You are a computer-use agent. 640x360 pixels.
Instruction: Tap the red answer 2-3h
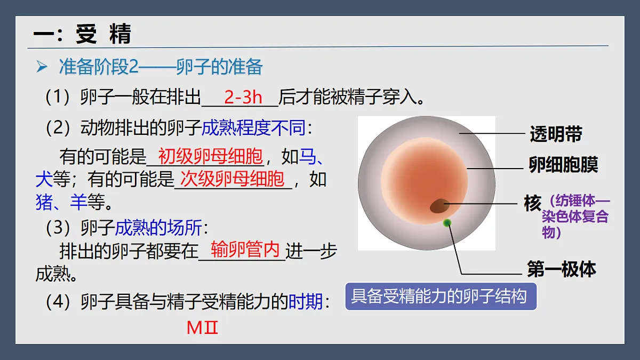pyautogui.click(x=243, y=98)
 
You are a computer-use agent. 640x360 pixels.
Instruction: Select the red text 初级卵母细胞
pyautogui.click(x=211, y=157)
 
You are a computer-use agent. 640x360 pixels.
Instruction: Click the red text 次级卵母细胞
pyautogui.click(x=233, y=179)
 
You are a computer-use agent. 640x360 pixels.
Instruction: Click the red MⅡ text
pyautogui.click(x=203, y=327)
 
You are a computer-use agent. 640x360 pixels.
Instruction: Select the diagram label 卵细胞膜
pyautogui.click(x=563, y=165)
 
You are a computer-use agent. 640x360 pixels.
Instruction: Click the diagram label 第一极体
pyautogui.click(x=561, y=269)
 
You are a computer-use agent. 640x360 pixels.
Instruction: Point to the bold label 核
pyautogui.click(x=532, y=203)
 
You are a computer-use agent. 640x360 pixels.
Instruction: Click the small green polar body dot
pyautogui.click(x=447, y=222)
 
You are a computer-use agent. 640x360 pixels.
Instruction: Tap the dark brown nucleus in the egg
pyautogui.click(x=440, y=205)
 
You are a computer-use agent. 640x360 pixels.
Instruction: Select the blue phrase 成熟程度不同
pyautogui.click(x=254, y=128)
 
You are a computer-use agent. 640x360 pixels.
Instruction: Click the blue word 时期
pyautogui.click(x=306, y=302)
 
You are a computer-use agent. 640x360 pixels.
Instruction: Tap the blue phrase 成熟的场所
pyautogui.click(x=158, y=228)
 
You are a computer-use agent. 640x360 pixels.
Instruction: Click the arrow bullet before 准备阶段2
pyautogui.click(x=42, y=67)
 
